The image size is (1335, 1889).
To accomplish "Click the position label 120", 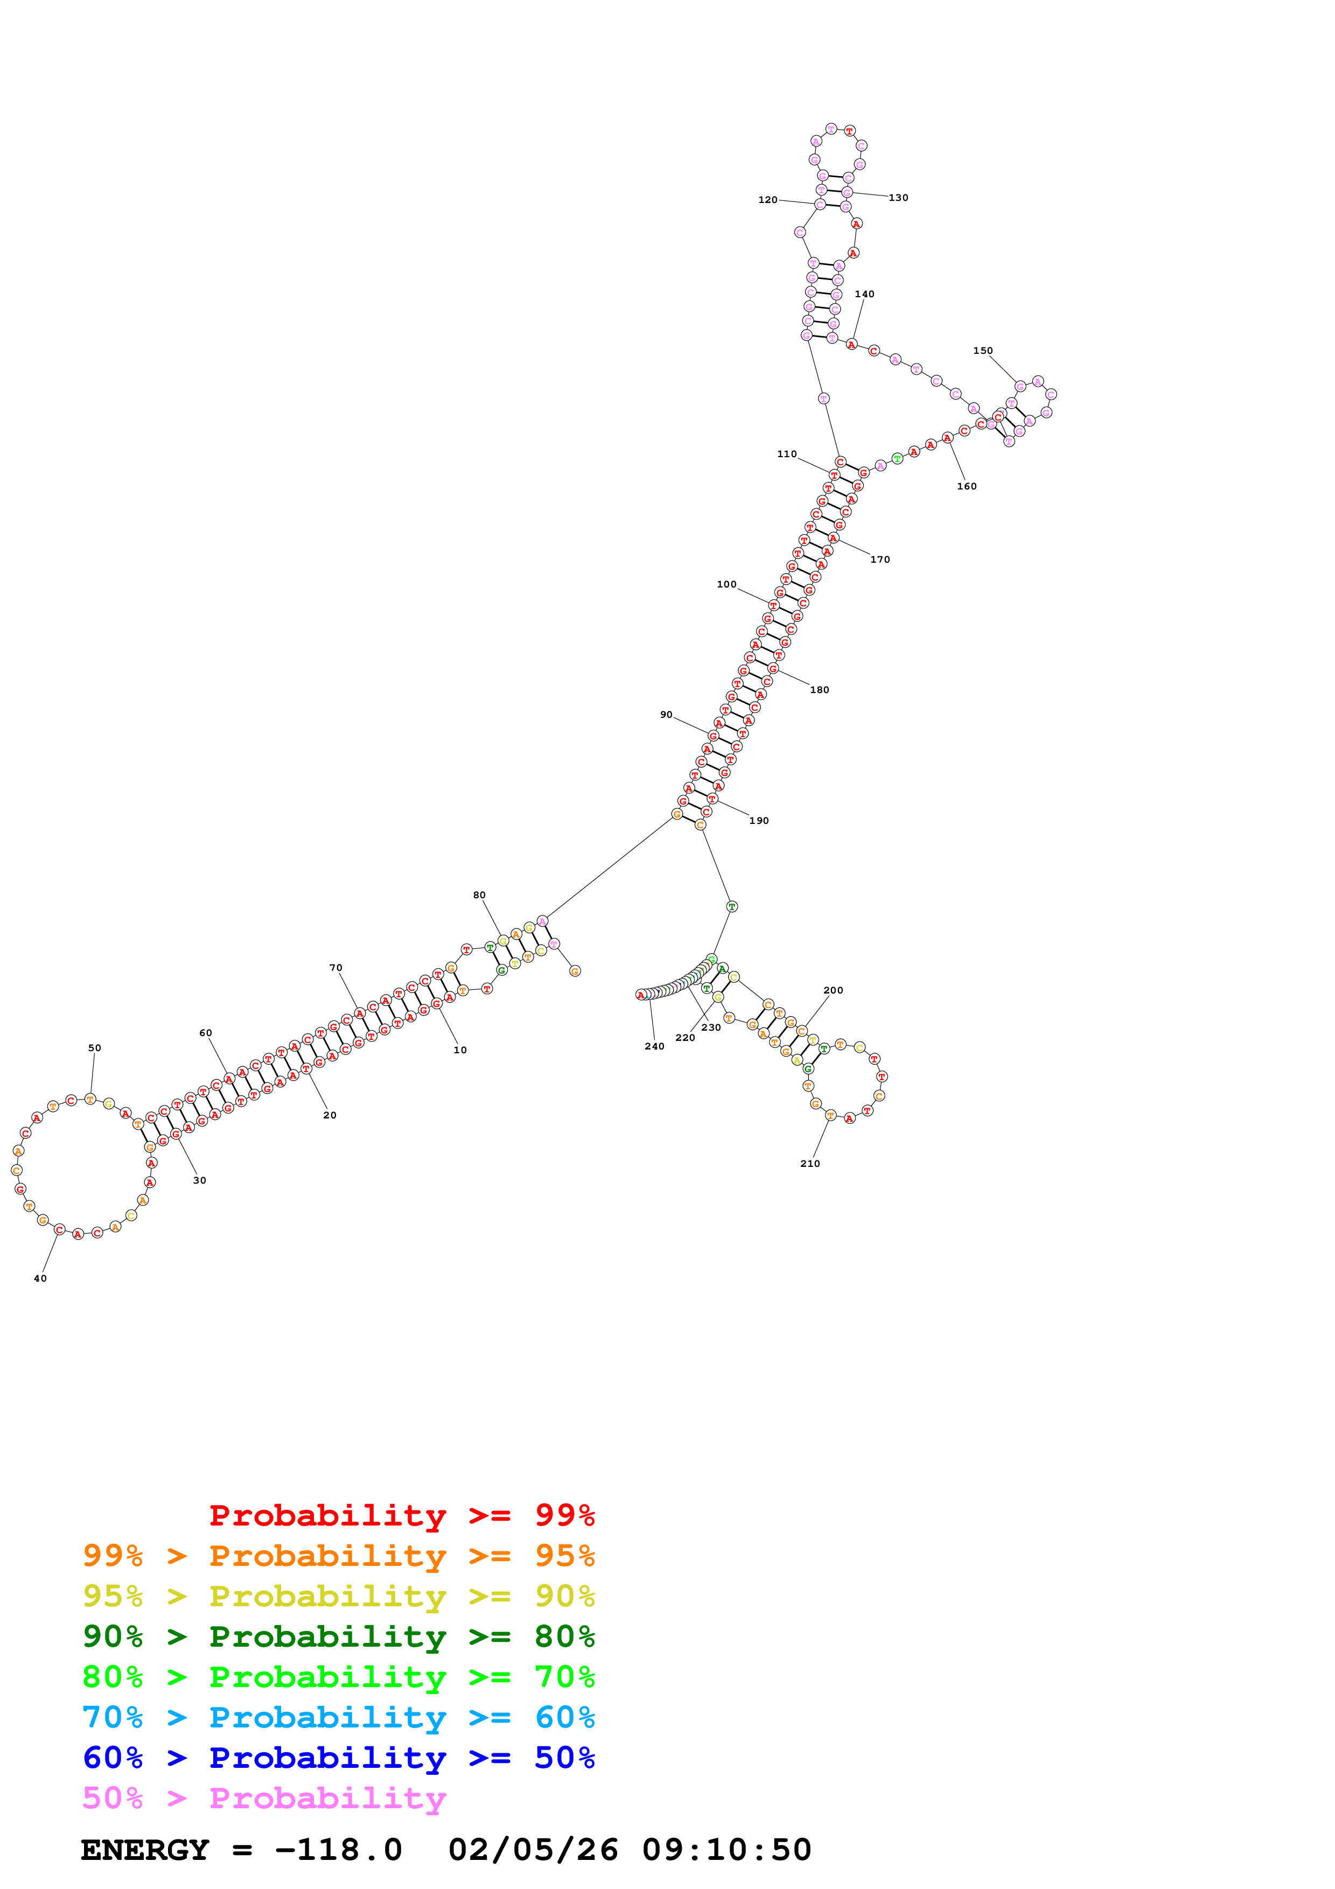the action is (x=767, y=200).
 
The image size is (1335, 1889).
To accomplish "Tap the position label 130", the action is (x=898, y=198).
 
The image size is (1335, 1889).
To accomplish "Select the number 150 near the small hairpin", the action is (x=982, y=351).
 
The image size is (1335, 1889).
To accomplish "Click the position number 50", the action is (x=95, y=1048).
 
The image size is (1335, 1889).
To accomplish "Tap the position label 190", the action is (x=758, y=820).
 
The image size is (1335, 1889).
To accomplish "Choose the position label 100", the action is (x=726, y=584).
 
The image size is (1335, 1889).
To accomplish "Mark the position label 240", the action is (x=654, y=1046).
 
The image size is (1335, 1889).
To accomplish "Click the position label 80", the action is (x=479, y=895).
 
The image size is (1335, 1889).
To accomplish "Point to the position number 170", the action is (x=879, y=559).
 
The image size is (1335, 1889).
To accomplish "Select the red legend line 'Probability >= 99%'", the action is (x=401, y=1515).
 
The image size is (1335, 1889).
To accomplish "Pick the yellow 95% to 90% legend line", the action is (x=338, y=1596).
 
